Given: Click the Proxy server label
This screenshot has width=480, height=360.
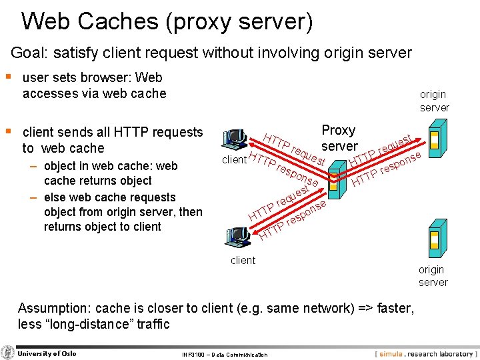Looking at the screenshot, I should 339,138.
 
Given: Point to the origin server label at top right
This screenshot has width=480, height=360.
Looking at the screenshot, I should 434,101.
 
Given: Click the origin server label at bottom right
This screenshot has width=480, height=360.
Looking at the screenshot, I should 433,276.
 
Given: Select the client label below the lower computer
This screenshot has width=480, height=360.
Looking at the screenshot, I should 243,261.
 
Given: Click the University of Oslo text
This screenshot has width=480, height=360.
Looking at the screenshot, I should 47,353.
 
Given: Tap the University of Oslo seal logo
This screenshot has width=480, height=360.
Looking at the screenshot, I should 8,353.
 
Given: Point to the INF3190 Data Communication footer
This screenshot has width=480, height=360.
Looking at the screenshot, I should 225,355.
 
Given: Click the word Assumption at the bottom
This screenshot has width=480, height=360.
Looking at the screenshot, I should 54,309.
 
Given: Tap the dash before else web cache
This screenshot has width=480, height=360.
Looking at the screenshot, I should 33,197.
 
